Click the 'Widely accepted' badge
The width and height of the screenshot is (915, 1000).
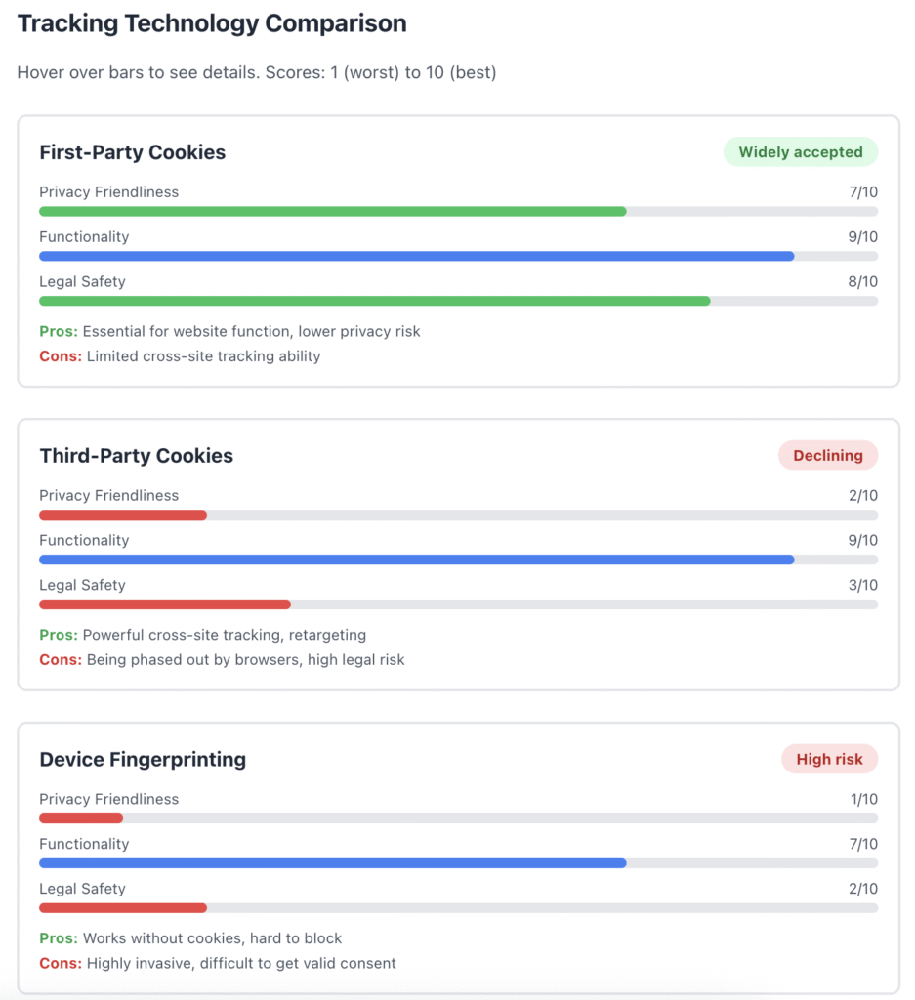coord(800,152)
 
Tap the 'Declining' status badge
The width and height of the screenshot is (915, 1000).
coord(827,456)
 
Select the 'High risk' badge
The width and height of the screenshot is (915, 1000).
coord(829,760)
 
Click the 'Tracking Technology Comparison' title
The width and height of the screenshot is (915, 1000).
coord(212,23)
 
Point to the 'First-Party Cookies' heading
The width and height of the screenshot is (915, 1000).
coord(132,152)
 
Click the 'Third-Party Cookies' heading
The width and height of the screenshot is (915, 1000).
coord(136,456)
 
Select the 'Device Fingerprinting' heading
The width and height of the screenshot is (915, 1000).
coord(143,760)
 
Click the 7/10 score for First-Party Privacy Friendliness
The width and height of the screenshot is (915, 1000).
coord(862,192)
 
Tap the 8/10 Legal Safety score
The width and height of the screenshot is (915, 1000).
coord(862,282)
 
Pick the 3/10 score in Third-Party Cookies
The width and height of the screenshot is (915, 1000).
coord(862,586)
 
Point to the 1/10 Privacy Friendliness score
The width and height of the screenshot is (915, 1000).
coord(863,799)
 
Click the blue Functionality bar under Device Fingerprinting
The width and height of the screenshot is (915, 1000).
coord(332,863)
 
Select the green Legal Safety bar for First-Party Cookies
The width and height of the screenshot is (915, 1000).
coord(374,301)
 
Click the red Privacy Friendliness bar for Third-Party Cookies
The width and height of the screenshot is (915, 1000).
coord(122,515)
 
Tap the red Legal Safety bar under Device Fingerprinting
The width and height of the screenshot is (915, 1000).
coord(122,908)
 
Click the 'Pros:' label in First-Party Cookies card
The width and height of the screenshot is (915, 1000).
coord(59,332)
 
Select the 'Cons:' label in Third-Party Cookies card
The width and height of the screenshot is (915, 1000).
coord(61,660)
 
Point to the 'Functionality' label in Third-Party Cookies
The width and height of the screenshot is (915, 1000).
coord(84,541)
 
